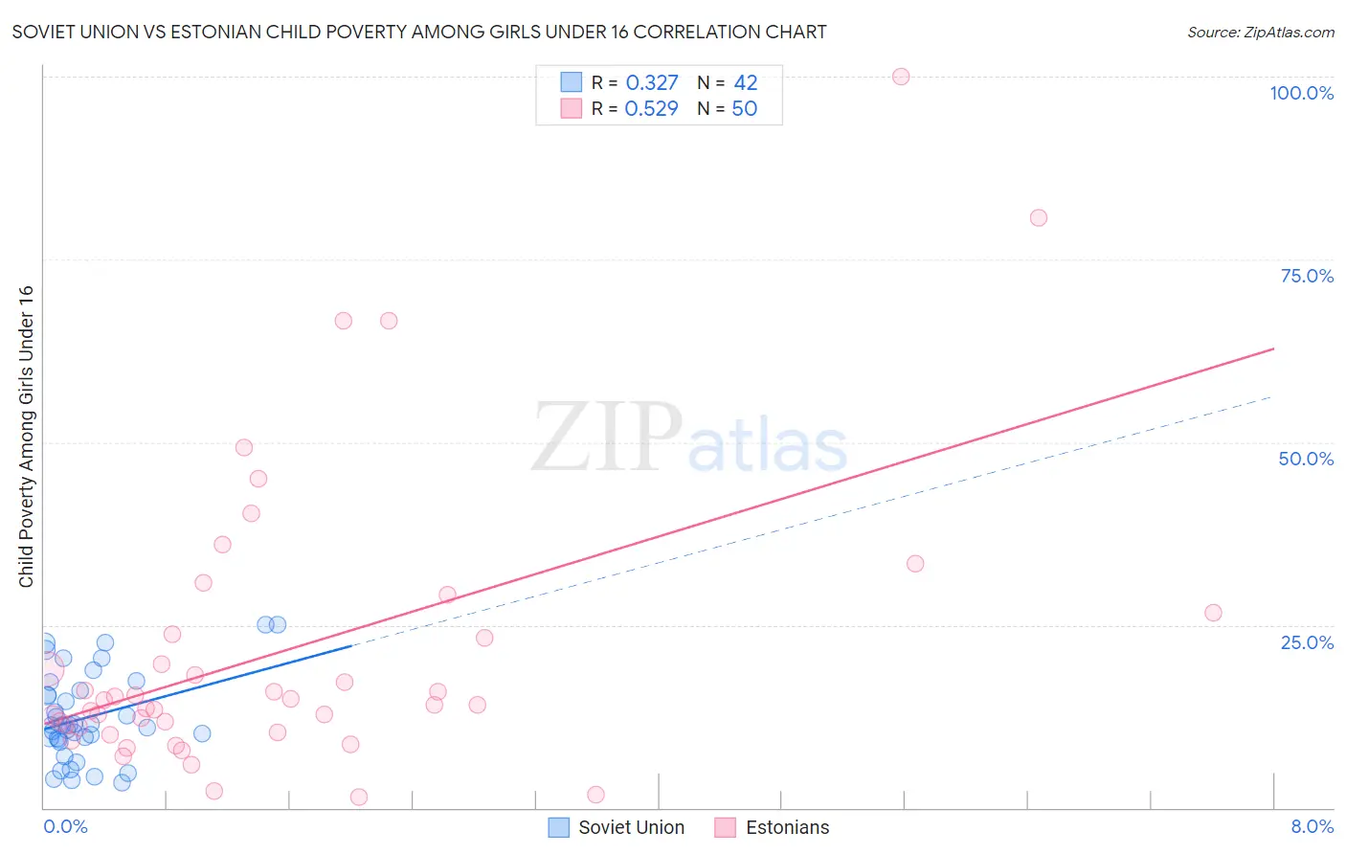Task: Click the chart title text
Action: pyautogui.click(x=419, y=32)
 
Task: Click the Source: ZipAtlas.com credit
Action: pyautogui.click(x=1260, y=32)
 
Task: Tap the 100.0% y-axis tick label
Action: pyautogui.click(x=1301, y=93)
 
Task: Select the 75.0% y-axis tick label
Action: pyautogui.click(x=1307, y=276)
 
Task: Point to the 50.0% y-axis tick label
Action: pyautogui.click(x=1306, y=459)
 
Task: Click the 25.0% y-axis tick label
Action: pyautogui.click(x=1307, y=641)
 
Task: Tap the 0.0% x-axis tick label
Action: pyautogui.click(x=65, y=826)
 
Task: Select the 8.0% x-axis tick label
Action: pyautogui.click(x=1312, y=826)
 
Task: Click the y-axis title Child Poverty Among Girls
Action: pyautogui.click(x=26, y=437)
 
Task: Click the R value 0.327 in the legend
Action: pyautogui.click(x=651, y=83)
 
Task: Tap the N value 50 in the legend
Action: pyautogui.click(x=744, y=109)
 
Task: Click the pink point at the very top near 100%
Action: pyautogui.click(x=901, y=77)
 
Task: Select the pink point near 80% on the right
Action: pyautogui.click(x=1039, y=217)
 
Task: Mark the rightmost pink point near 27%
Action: pyautogui.click(x=1213, y=613)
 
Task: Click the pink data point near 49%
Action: pyautogui.click(x=244, y=447)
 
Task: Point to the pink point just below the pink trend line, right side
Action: pyautogui.click(x=915, y=564)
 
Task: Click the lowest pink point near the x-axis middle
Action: pyautogui.click(x=595, y=795)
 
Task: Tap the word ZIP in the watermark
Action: pyautogui.click(x=606, y=438)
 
